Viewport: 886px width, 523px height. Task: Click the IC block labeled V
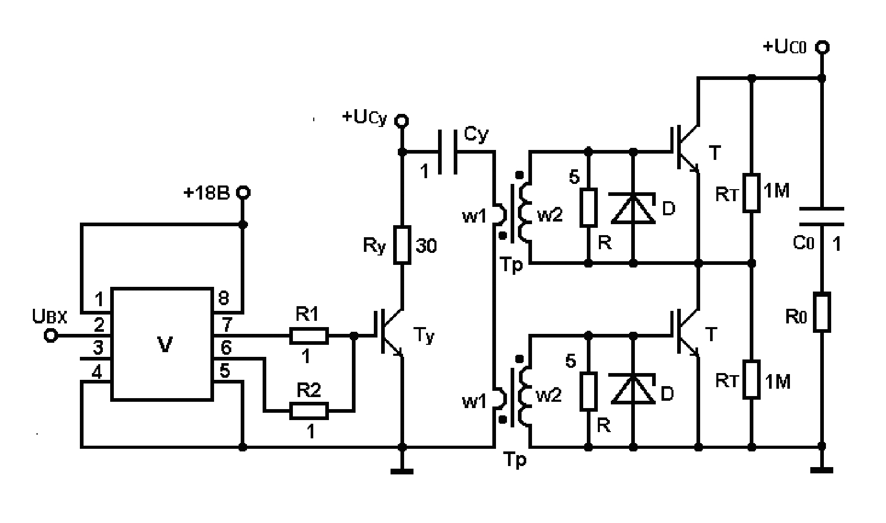tap(162, 344)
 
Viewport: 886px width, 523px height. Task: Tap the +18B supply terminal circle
tap(243, 193)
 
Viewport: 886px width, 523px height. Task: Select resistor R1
tap(309, 336)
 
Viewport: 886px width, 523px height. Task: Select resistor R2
tap(309, 411)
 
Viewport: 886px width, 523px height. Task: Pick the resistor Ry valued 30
tap(402, 245)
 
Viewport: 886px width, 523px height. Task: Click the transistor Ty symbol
tap(389, 335)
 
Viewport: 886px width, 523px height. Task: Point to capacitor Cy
tap(447, 152)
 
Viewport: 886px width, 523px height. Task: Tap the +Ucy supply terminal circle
tap(401, 121)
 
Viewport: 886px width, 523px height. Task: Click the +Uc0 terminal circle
tap(822, 48)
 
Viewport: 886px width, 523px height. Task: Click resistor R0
tap(822, 312)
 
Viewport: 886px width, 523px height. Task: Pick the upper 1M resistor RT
tap(751, 193)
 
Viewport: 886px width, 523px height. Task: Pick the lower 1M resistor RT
tap(751, 379)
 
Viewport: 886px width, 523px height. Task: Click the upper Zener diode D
tap(633, 208)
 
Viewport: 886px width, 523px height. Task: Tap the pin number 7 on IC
tap(225, 325)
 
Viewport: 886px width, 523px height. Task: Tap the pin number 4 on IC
tap(98, 372)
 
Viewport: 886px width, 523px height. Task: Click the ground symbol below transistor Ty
tap(401, 471)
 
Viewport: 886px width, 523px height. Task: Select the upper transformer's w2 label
tap(549, 215)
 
